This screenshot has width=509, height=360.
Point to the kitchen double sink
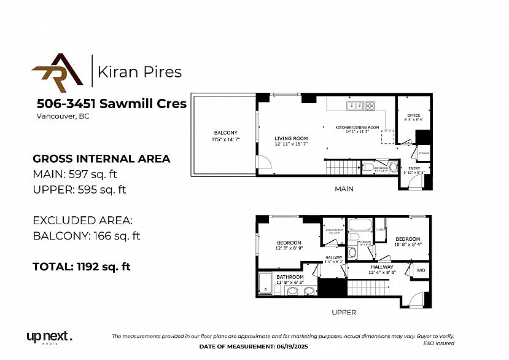click(x=354, y=106)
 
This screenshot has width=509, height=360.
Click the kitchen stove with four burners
click(x=370, y=106)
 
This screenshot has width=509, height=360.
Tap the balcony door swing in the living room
click(x=262, y=163)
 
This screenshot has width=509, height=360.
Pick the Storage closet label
click(x=424, y=152)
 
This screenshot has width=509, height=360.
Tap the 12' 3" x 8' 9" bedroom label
click(x=289, y=245)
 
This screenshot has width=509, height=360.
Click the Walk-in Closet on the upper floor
click(x=334, y=231)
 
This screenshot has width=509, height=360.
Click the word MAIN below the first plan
click(x=344, y=189)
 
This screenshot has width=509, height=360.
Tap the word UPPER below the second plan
click(x=344, y=312)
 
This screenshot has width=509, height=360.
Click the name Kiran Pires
click(x=140, y=72)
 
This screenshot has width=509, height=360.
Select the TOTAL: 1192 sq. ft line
click(x=81, y=267)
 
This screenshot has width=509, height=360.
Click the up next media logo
click(x=49, y=337)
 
